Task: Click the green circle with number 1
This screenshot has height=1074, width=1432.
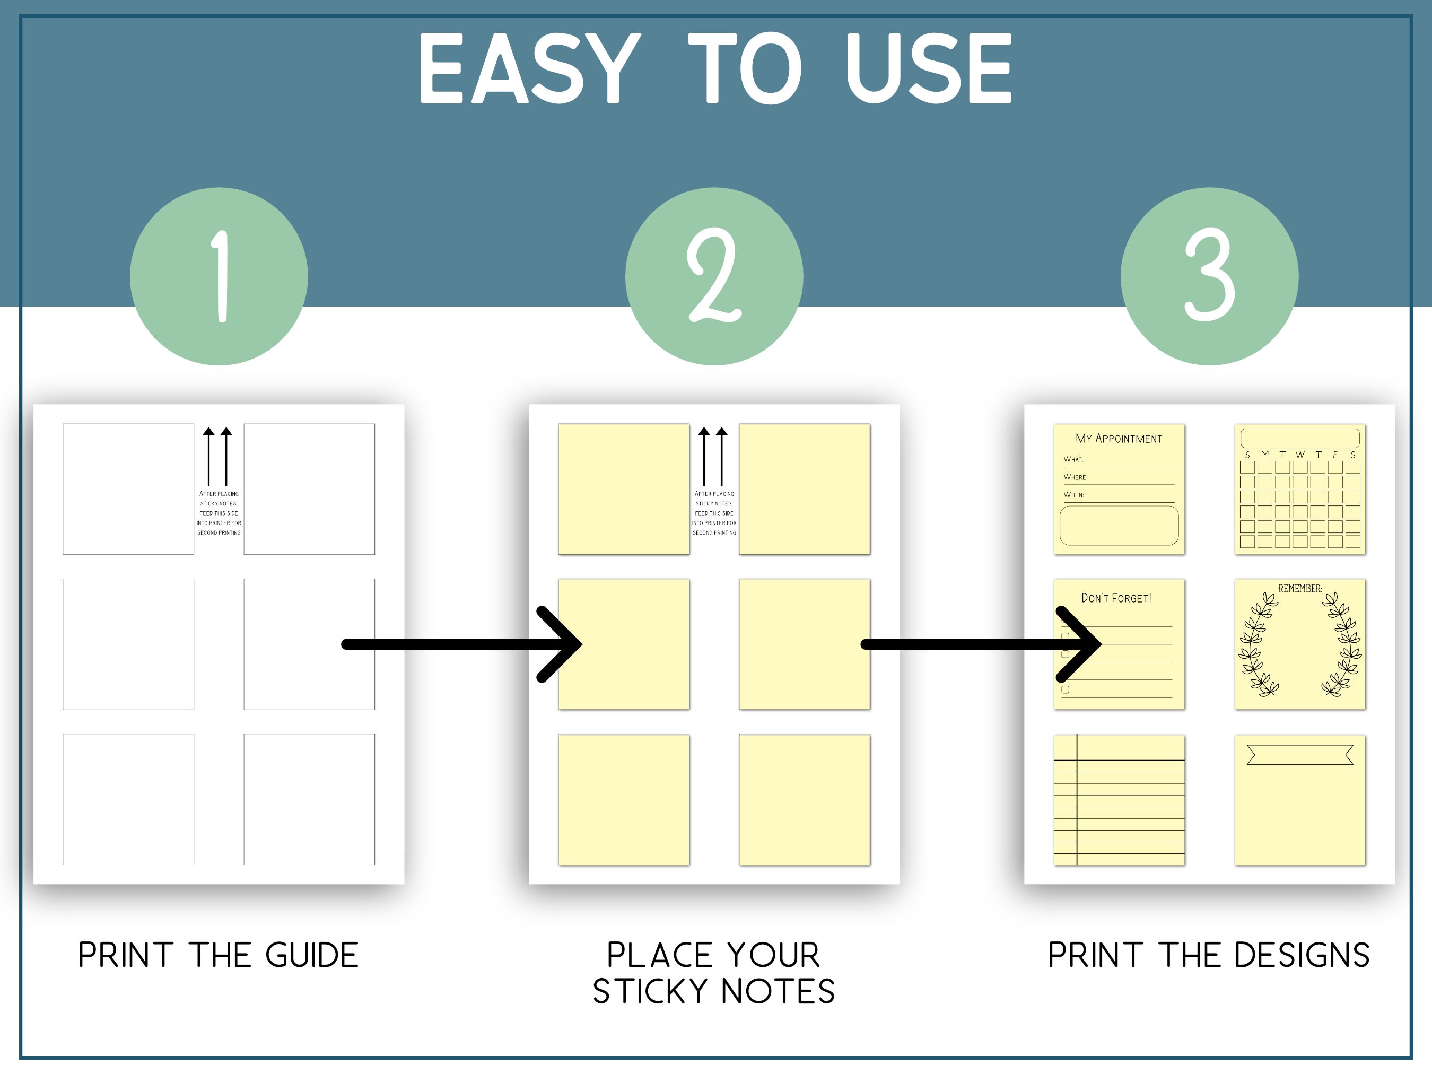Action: [x=219, y=276]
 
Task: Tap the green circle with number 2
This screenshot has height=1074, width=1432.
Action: [x=714, y=276]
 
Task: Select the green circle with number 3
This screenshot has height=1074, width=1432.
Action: [x=1209, y=276]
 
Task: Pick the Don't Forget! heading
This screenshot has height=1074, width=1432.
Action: [x=1117, y=598]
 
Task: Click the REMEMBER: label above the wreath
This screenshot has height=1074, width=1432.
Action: [x=1300, y=589]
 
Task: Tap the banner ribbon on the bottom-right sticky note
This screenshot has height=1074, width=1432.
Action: [x=1300, y=755]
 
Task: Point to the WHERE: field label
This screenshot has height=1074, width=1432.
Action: [x=1075, y=477]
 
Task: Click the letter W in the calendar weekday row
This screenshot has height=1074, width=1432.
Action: [x=1300, y=455]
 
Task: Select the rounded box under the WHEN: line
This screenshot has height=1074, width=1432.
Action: [x=1119, y=525]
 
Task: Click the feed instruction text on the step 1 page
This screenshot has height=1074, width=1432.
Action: [x=219, y=513]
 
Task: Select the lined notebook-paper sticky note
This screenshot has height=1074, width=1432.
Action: [x=1119, y=800]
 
